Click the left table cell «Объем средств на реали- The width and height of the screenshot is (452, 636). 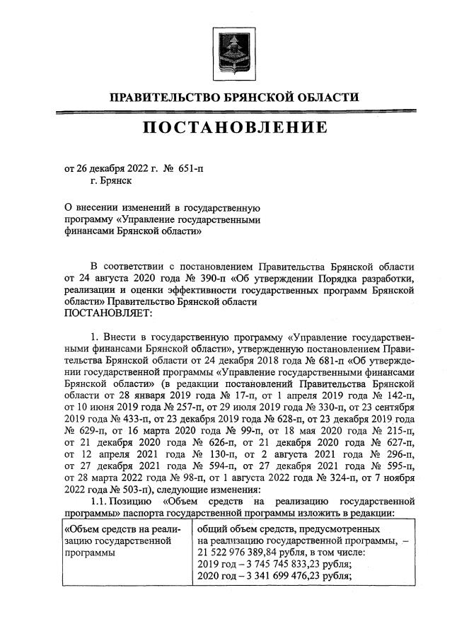point(122,529)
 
